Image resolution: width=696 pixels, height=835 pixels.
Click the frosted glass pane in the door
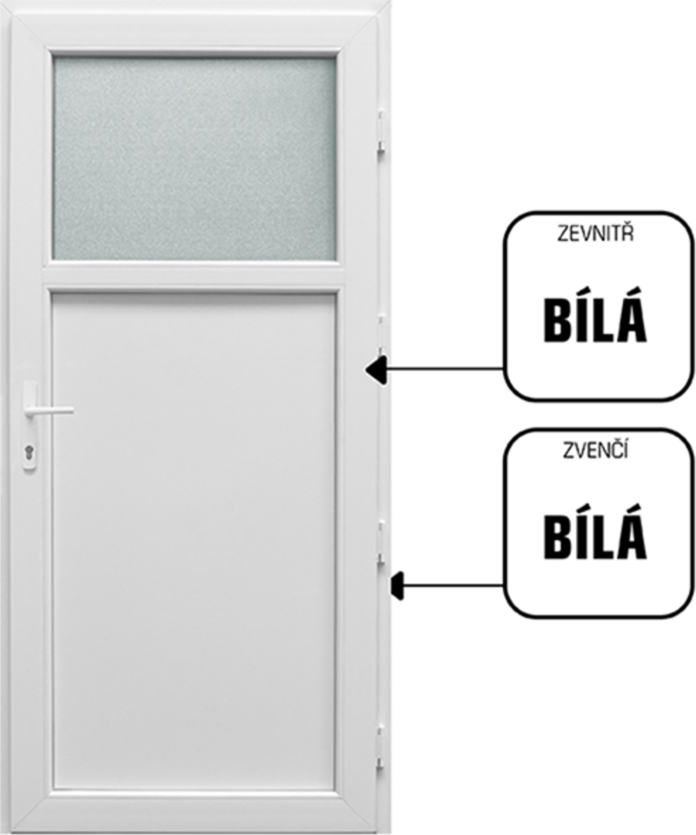(195, 159)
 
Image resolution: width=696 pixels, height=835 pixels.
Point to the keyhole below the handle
(29, 453)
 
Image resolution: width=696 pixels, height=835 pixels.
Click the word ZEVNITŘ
(596, 233)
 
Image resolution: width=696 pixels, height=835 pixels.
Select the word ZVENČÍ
(596, 450)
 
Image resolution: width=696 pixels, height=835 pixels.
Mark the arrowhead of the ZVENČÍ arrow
(398, 585)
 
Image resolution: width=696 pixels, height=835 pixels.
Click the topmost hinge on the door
(381, 132)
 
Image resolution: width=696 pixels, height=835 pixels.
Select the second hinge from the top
(381, 336)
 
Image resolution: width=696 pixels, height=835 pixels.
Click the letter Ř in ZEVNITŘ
(629, 233)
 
